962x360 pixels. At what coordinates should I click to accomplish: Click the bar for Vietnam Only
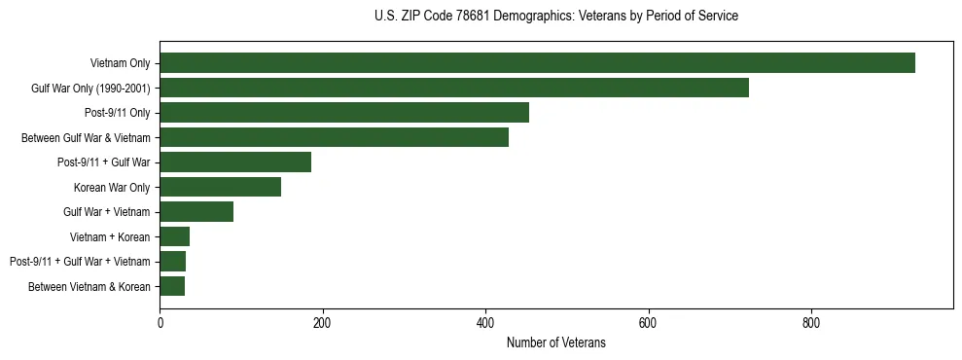coord(537,63)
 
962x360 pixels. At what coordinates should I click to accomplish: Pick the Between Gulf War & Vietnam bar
coord(334,137)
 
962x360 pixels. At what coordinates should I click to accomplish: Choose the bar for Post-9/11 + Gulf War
coord(235,162)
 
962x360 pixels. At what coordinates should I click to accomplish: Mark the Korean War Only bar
coord(220,187)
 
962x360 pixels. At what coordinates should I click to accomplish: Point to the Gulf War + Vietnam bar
coord(196,212)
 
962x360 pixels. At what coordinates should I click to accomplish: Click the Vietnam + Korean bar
coord(175,236)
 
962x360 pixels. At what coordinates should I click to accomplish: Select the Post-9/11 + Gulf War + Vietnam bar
coord(173,262)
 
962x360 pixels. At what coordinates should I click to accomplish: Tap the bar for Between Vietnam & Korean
coord(172,286)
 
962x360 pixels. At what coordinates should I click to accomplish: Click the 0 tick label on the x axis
coord(160,323)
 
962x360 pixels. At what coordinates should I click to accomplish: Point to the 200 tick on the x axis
coord(322,323)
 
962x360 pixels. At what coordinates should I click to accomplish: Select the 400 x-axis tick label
coord(485,323)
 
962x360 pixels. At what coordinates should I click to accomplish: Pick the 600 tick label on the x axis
coord(648,323)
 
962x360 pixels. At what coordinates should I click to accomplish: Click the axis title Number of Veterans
coord(555,342)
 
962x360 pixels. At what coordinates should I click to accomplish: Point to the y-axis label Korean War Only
coord(112,187)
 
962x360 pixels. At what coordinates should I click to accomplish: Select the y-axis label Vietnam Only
coord(120,63)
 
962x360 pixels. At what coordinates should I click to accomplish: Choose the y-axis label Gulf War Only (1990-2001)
coord(90,88)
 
